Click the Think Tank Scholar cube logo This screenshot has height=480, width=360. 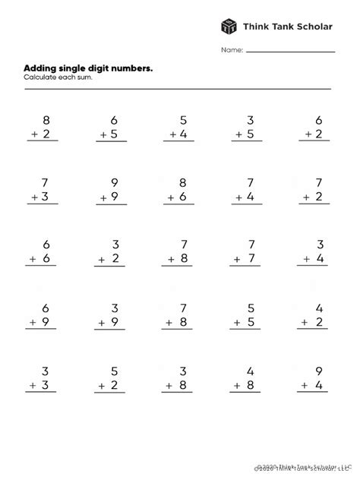click(x=229, y=27)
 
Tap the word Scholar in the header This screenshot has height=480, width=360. click(x=311, y=27)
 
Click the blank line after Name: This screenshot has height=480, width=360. click(x=290, y=52)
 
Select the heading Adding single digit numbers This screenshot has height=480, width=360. click(x=88, y=68)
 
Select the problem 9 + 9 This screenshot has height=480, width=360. click(x=112, y=190)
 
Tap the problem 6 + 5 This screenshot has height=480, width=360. click(x=112, y=127)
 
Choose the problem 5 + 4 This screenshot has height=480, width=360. click(x=178, y=127)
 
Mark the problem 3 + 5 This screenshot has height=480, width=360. click(x=248, y=127)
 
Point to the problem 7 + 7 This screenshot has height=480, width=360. click(x=248, y=252)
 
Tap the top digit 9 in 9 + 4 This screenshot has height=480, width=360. click(x=318, y=371)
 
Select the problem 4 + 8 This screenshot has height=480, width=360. click(x=248, y=378)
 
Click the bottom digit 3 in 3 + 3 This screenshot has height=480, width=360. click(x=46, y=386)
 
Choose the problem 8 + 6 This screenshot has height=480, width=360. click(x=178, y=190)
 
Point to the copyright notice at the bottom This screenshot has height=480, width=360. click(x=304, y=468)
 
